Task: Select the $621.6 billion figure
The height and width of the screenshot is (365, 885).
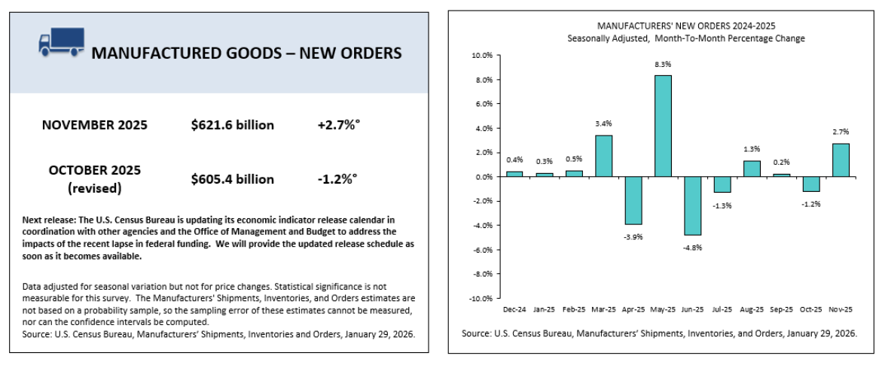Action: (x=233, y=124)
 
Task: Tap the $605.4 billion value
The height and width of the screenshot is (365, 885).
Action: (x=233, y=179)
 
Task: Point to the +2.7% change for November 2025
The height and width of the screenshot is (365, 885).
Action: (x=338, y=124)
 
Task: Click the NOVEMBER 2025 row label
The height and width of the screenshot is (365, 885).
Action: (x=95, y=124)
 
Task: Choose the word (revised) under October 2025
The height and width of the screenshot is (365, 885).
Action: (x=95, y=187)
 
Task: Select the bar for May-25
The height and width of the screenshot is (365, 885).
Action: (x=663, y=126)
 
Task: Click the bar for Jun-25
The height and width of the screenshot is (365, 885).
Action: (x=692, y=205)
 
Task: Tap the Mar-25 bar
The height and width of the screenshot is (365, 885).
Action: (x=603, y=156)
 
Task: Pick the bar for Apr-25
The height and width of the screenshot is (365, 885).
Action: (x=633, y=200)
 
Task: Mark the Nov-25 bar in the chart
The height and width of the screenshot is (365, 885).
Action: (x=841, y=160)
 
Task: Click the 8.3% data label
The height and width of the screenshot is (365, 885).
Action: (x=663, y=65)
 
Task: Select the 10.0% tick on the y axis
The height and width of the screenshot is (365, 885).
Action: (x=481, y=56)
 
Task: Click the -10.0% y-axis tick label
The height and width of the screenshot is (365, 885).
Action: (x=480, y=299)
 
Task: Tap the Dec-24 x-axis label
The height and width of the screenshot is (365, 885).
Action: (x=514, y=309)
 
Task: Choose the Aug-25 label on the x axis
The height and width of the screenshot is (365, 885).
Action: (x=752, y=309)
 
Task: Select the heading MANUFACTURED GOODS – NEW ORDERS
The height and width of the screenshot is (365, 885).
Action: (x=246, y=53)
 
